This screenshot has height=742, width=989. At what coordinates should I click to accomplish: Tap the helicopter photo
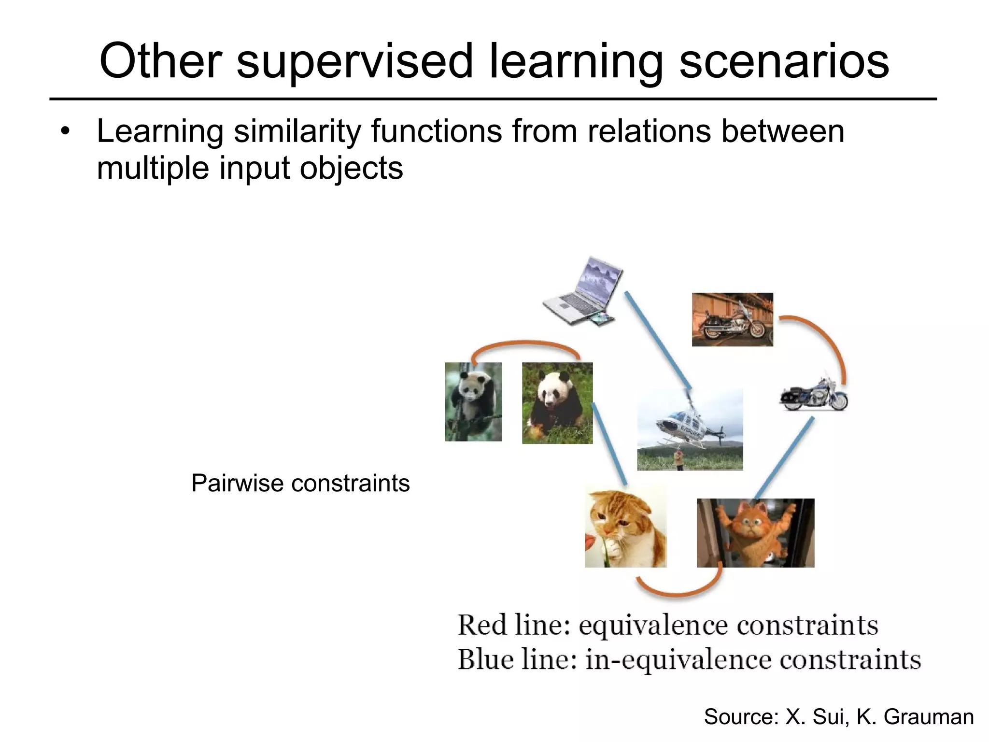click(690, 429)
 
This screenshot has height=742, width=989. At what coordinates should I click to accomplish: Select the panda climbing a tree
click(473, 401)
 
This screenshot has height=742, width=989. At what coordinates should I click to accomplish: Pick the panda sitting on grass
click(557, 403)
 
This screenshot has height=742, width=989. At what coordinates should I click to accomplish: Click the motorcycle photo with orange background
click(732, 319)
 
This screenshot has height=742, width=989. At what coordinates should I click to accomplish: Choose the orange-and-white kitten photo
click(625, 527)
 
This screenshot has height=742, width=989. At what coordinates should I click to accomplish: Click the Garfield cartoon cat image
click(755, 532)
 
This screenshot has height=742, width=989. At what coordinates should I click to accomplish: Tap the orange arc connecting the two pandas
click(525, 343)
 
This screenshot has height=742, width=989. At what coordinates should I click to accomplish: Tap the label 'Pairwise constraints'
click(300, 483)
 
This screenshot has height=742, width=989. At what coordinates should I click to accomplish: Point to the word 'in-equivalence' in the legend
click(678, 660)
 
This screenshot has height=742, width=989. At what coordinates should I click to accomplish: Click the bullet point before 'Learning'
click(66, 131)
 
